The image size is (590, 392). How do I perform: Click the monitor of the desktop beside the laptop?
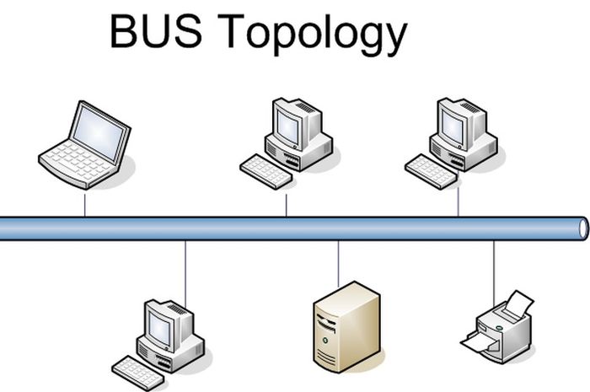tap(288, 126)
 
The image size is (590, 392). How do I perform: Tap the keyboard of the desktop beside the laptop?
tap(265, 171)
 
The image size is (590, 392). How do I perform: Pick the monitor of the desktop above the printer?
tap(453, 126)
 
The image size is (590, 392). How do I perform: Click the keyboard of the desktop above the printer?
tap(431, 171)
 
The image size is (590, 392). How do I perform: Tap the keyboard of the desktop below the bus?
tap(137, 372)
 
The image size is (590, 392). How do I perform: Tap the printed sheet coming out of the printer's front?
tap(477, 342)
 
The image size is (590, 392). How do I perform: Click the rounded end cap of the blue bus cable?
tap(582, 228)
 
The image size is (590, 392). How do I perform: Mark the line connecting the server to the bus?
tap(338, 263)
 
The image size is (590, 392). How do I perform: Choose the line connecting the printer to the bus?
tap(494, 268)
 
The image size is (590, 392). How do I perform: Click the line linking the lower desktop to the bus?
tap(185, 270)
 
